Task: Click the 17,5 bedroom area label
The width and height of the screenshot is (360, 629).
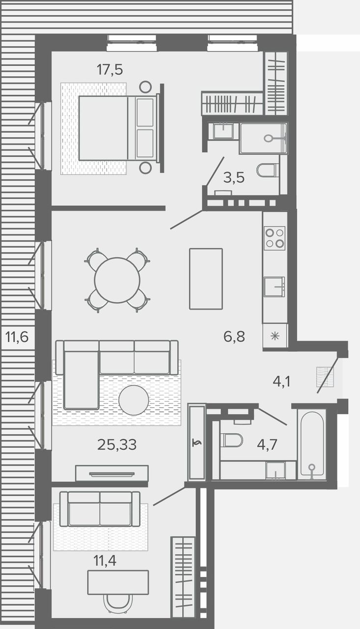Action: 110,70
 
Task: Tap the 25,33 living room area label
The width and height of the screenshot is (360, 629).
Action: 117,445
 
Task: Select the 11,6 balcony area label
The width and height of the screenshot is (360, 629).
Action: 17,337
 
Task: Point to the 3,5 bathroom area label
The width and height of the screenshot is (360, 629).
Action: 234,178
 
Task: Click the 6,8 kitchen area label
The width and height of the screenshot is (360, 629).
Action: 234,337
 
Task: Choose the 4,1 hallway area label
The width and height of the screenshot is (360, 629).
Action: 282,382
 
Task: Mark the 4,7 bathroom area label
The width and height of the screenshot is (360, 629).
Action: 267,445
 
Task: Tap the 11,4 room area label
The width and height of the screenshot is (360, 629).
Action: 105,561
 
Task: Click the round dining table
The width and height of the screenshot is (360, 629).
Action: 117,280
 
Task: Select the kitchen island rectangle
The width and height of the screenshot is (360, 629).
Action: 206,279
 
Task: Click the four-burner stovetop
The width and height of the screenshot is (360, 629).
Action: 275,238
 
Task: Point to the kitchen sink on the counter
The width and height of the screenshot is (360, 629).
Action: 275,286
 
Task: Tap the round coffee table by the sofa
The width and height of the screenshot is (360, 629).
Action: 134,400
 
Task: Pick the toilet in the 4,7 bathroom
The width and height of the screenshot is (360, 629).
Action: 231,440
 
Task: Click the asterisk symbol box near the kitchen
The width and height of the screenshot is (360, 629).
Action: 275,336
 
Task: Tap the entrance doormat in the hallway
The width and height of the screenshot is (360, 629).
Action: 325,377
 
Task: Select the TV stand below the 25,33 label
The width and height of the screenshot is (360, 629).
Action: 112,473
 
